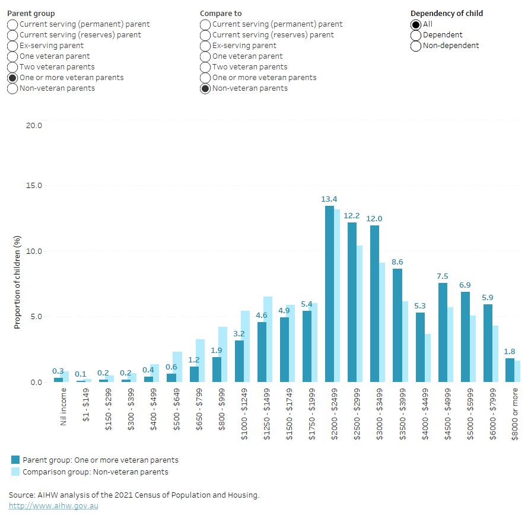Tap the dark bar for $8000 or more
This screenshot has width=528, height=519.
click(510, 370)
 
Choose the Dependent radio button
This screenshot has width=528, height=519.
click(416, 35)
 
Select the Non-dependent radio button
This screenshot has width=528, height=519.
click(416, 46)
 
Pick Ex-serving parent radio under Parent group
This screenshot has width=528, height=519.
click(12, 46)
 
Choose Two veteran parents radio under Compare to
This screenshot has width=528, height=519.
click(205, 67)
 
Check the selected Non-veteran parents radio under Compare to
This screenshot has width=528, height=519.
click(205, 88)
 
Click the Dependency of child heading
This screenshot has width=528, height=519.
click(447, 13)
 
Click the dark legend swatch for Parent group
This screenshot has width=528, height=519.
click(16, 460)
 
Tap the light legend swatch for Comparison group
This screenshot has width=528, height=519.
click(16, 472)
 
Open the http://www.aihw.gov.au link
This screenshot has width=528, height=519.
click(53, 506)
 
